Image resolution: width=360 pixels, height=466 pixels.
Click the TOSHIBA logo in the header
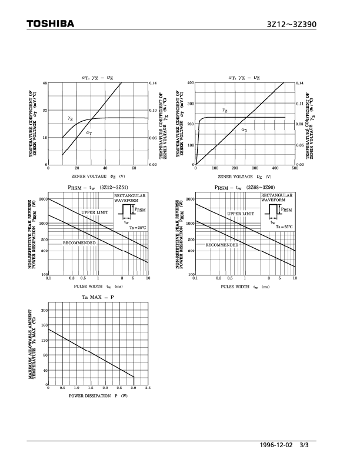50,24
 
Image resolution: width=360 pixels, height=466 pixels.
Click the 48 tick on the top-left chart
44,83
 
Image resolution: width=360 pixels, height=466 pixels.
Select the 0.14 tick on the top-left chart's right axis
154,83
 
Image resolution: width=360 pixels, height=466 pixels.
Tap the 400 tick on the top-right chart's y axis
191,83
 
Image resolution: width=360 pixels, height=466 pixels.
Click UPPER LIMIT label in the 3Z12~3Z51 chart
95,212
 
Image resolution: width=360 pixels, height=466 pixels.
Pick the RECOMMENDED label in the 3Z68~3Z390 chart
222,244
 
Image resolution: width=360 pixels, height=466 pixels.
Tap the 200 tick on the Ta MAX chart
45,309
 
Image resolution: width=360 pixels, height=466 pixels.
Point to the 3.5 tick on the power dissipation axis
147,388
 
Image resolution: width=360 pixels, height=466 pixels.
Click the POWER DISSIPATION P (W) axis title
98,396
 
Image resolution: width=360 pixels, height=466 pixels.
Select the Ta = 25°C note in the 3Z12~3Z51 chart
138,227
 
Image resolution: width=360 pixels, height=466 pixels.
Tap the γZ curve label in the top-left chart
70,119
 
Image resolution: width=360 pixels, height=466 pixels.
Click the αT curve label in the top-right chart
244,129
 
